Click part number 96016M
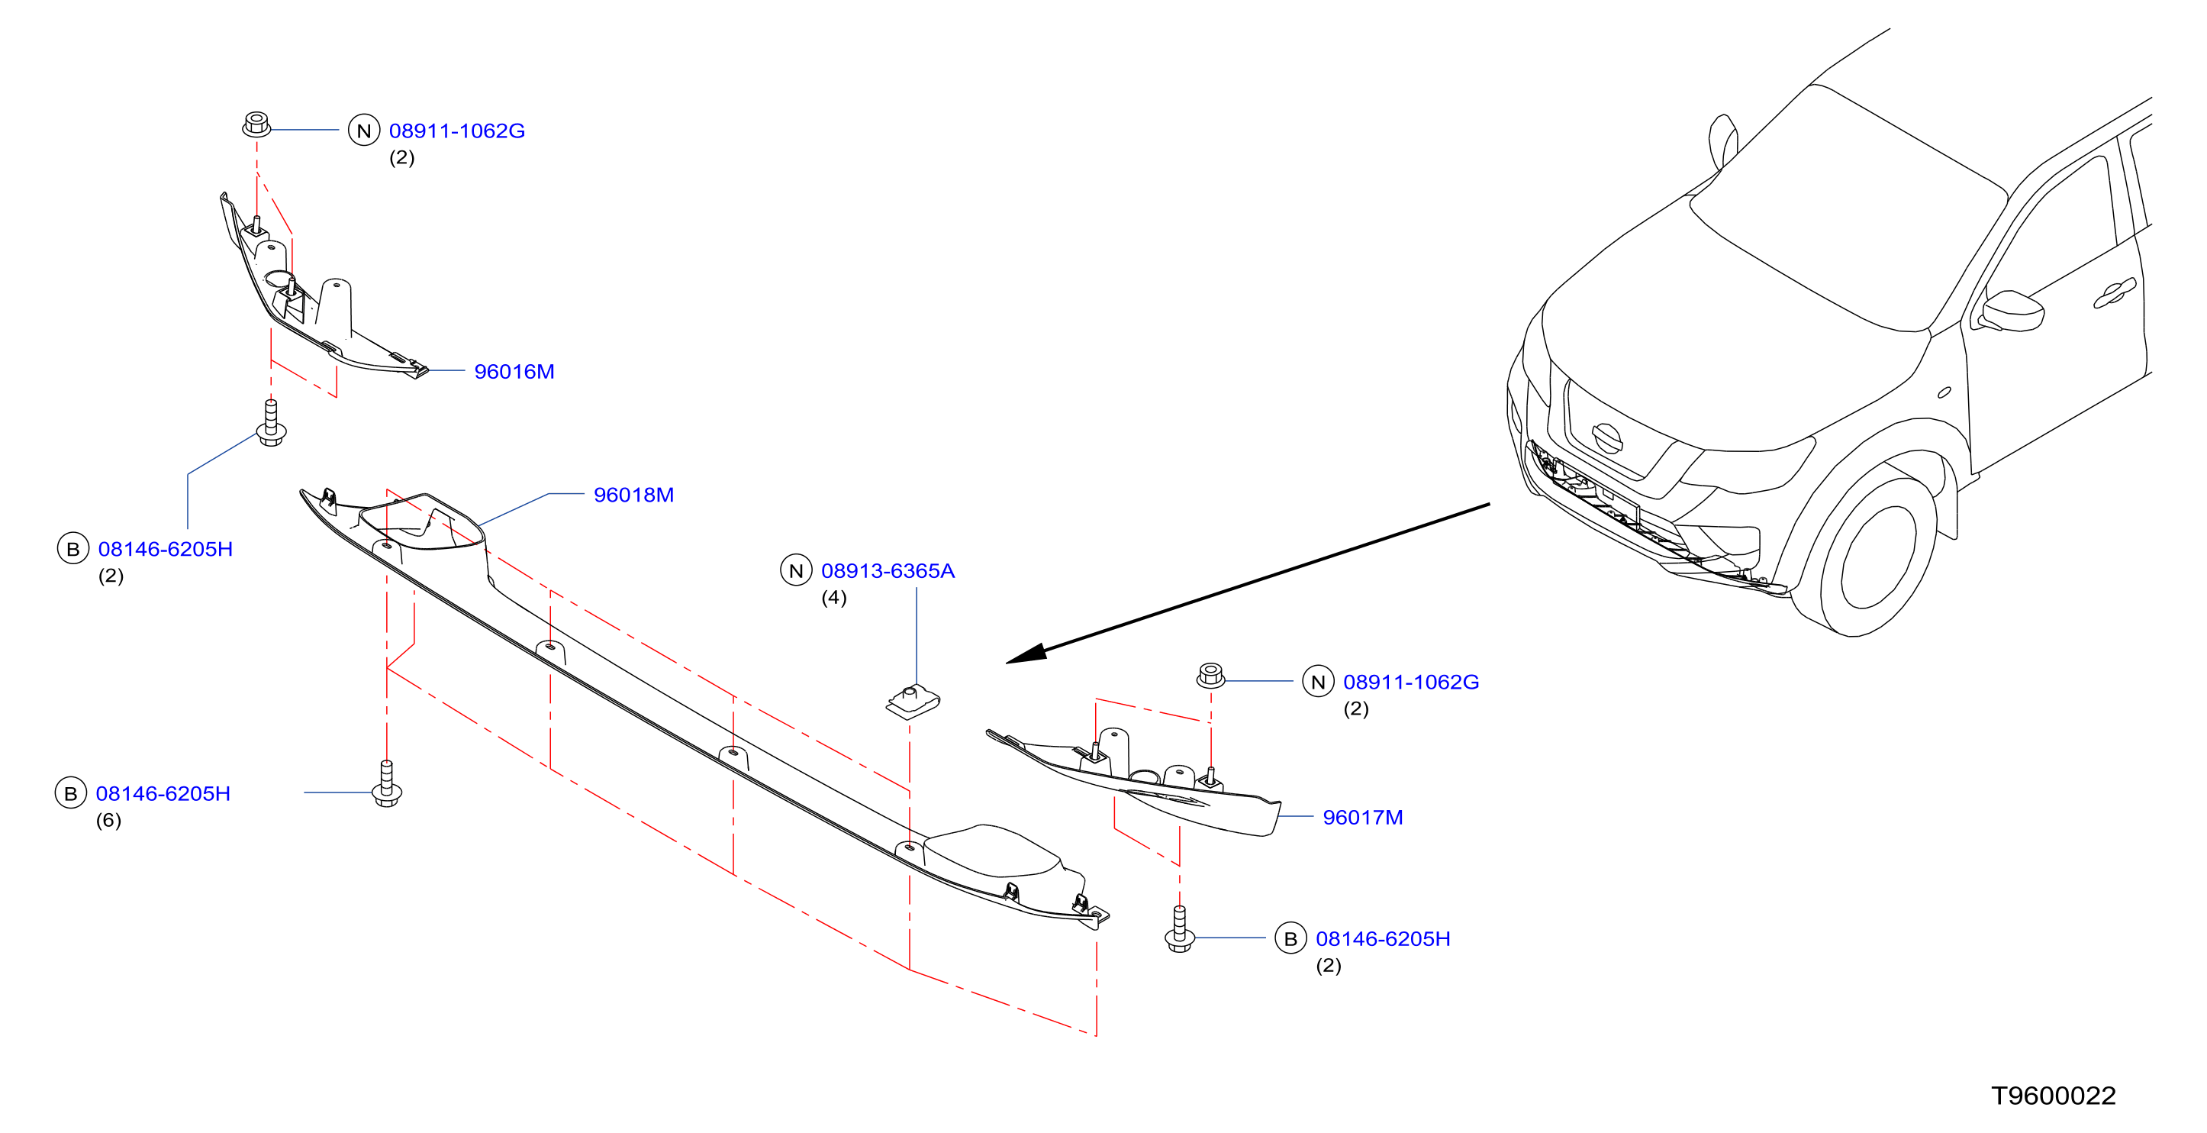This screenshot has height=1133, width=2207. pos(514,372)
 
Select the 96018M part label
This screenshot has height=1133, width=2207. pos(634,495)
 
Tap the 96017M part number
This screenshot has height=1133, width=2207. pos(1363,818)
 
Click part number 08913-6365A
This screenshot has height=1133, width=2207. pos(888,571)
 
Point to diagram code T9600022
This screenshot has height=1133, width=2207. pos(2054,1096)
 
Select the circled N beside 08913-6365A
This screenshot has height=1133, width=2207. pos(796,571)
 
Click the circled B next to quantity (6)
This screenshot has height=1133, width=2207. pos(71,793)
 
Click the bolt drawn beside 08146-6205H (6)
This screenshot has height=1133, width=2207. pos(387,783)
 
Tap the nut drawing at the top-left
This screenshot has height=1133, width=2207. pos(256,124)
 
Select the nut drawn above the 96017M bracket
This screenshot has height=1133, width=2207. pos(1210,676)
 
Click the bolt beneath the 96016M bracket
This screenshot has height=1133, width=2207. pos(272,422)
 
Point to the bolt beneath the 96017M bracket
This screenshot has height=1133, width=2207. pos(1180,929)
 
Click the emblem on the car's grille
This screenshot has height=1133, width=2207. pos(1607,438)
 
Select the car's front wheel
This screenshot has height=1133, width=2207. pos(1876,557)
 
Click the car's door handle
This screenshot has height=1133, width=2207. pos(2115,293)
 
